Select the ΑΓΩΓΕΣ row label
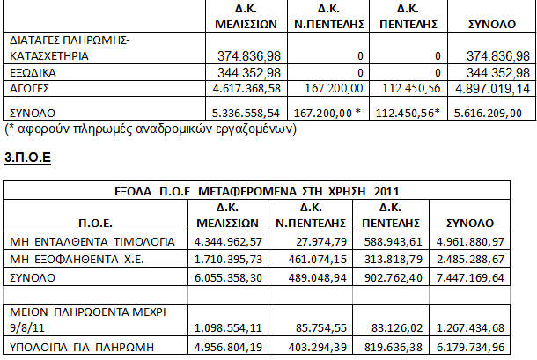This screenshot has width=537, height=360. (x=30, y=89)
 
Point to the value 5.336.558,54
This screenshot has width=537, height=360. (x=240, y=114)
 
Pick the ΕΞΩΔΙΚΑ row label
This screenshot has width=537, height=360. (x=34, y=72)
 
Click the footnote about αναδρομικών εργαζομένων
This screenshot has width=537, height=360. (x=151, y=130)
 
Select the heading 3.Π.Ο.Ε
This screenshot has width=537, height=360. (x=29, y=158)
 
